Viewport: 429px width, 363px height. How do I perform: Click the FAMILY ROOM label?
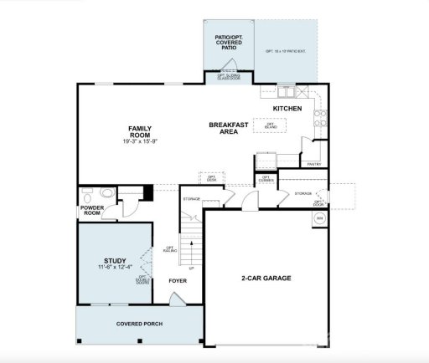139,131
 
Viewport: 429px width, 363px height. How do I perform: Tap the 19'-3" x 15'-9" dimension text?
139,141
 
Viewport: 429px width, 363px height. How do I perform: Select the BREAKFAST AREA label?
228,128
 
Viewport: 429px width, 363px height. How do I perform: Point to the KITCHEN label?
287,109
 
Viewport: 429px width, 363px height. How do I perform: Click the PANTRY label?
314,165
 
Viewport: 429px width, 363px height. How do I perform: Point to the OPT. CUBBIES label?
266,178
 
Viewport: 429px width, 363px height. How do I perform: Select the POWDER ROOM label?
92,211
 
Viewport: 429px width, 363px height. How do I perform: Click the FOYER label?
178,281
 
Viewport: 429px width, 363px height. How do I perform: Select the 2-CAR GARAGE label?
266,278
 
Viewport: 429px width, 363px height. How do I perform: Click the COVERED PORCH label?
139,324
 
